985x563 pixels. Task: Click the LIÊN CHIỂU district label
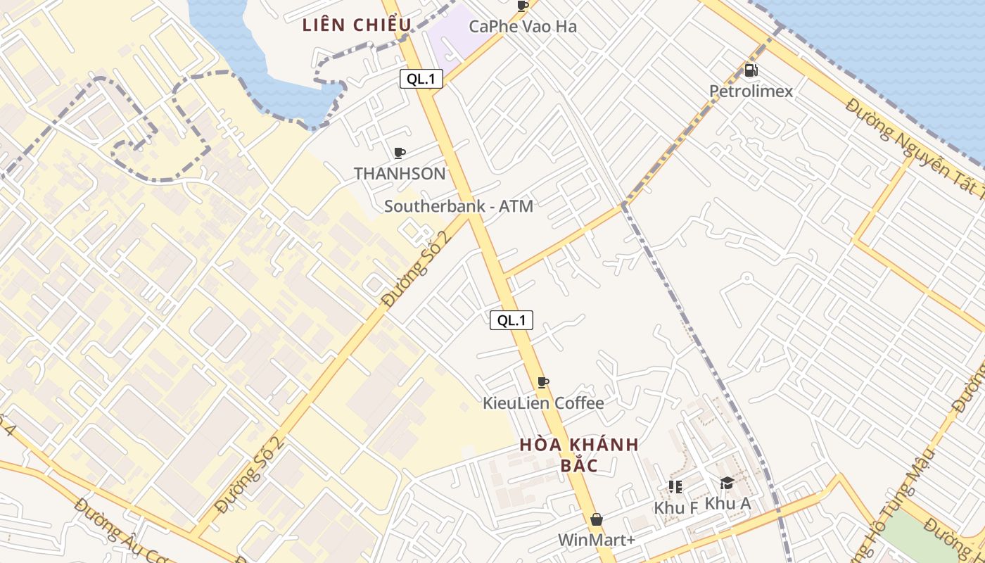point(357,25)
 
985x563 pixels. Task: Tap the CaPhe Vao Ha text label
point(523,27)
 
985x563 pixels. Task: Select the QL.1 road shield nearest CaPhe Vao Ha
point(421,79)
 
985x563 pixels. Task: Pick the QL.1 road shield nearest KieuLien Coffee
point(511,320)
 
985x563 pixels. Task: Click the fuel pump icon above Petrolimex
point(751,70)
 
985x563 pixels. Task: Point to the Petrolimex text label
point(751,91)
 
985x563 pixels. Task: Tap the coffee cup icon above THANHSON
point(400,153)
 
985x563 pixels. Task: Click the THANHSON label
point(400,173)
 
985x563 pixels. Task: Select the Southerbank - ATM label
point(458,206)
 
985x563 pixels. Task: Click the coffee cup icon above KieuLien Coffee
point(542,383)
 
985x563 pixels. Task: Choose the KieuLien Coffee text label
point(542,403)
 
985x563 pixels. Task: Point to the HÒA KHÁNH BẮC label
point(579,455)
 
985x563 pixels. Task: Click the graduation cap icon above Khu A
point(727,483)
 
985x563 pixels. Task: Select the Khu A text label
point(727,503)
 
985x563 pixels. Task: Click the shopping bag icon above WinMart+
point(597,519)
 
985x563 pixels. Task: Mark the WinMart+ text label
point(597,540)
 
